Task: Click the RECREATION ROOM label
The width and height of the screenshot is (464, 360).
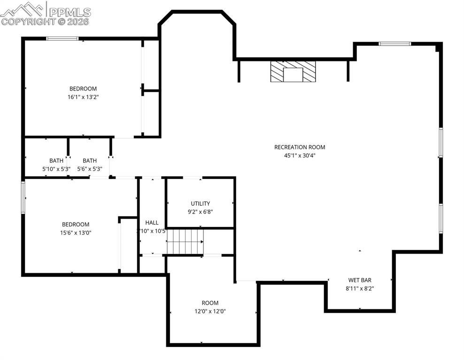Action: click(299, 147)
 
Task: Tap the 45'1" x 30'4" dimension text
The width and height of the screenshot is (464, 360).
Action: click(299, 156)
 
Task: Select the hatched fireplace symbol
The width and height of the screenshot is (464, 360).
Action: click(293, 72)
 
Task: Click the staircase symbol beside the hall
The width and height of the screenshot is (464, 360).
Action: click(186, 241)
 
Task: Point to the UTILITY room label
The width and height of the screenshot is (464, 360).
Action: click(200, 203)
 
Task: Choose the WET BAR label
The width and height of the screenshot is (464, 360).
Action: click(360, 280)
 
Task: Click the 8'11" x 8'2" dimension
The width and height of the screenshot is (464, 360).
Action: click(360, 289)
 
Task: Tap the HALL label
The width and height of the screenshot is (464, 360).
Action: click(152, 223)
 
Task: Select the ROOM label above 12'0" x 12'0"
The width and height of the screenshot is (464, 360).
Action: click(210, 303)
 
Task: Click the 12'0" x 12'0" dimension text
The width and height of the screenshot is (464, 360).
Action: click(210, 311)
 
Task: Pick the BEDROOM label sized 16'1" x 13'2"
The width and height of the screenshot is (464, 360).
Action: click(83, 89)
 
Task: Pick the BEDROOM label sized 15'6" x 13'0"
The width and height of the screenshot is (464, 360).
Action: click(76, 225)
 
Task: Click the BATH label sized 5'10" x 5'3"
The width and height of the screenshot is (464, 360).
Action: click(56, 160)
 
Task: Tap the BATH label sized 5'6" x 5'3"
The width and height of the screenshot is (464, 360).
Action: click(90, 160)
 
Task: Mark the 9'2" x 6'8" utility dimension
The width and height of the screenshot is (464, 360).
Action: click(200, 211)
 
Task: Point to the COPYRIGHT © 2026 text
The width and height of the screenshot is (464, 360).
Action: click(45, 21)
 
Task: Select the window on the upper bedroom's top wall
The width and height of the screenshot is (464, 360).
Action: click(62, 38)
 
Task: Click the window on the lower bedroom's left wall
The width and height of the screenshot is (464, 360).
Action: click(23, 197)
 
